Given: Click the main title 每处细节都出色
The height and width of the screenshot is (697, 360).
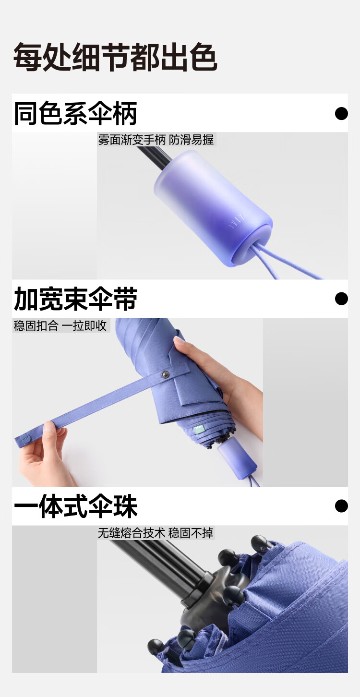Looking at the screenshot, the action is click(115, 57).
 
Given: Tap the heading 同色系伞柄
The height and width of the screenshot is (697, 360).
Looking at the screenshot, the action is click(75, 113).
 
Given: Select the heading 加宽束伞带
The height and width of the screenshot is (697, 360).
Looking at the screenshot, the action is click(75, 299).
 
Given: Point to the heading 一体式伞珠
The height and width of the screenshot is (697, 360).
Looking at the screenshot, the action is click(75, 506).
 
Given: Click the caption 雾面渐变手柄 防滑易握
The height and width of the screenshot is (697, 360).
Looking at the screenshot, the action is click(156, 140).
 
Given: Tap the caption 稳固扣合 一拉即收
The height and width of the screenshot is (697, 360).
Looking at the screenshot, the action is click(60, 325).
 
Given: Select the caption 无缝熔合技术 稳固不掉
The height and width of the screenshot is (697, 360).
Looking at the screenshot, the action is click(156, 533).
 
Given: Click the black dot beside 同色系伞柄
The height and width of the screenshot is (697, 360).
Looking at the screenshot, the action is click(341, 114).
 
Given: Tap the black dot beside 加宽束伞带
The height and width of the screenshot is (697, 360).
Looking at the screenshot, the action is click(341, 299).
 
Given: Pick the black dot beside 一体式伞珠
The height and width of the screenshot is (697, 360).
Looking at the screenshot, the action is click(341, 506).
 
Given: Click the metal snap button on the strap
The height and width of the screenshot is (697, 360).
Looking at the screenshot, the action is click(166, 374).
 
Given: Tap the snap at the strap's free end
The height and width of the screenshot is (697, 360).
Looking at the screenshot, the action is click(26, 439).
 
